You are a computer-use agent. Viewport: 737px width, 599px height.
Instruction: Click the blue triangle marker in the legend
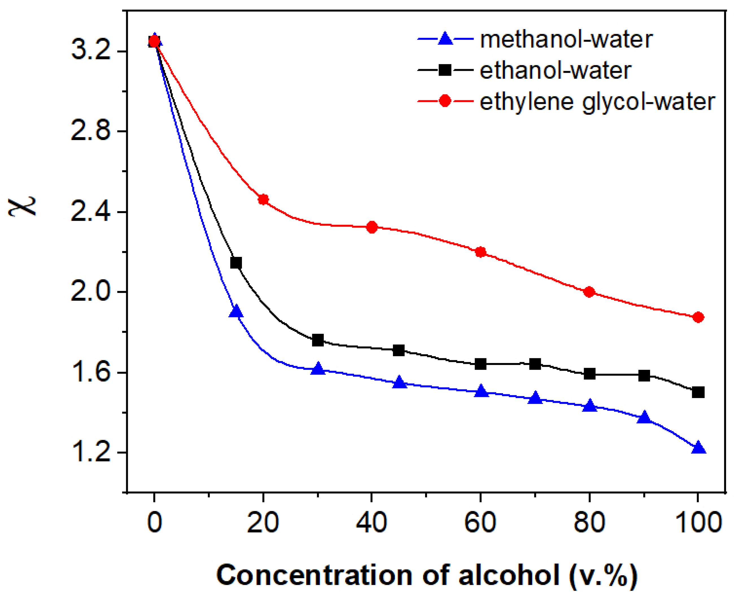click(445, 39)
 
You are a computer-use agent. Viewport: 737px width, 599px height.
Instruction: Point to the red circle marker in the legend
click(445, 101)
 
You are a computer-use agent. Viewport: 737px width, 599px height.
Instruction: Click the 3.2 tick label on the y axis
click(90, 52)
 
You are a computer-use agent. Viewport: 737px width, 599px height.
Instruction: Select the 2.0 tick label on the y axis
click(90, 292)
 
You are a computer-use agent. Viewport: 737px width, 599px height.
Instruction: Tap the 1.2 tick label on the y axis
click(90, 453)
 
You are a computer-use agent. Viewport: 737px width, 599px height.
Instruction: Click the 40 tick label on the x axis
click(372, 522)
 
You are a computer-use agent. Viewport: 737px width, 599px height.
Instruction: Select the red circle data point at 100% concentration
click(698, 317)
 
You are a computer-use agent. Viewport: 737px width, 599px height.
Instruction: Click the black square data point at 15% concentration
click(236, 263)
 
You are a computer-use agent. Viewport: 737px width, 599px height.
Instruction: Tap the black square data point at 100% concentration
click(698, 392)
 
